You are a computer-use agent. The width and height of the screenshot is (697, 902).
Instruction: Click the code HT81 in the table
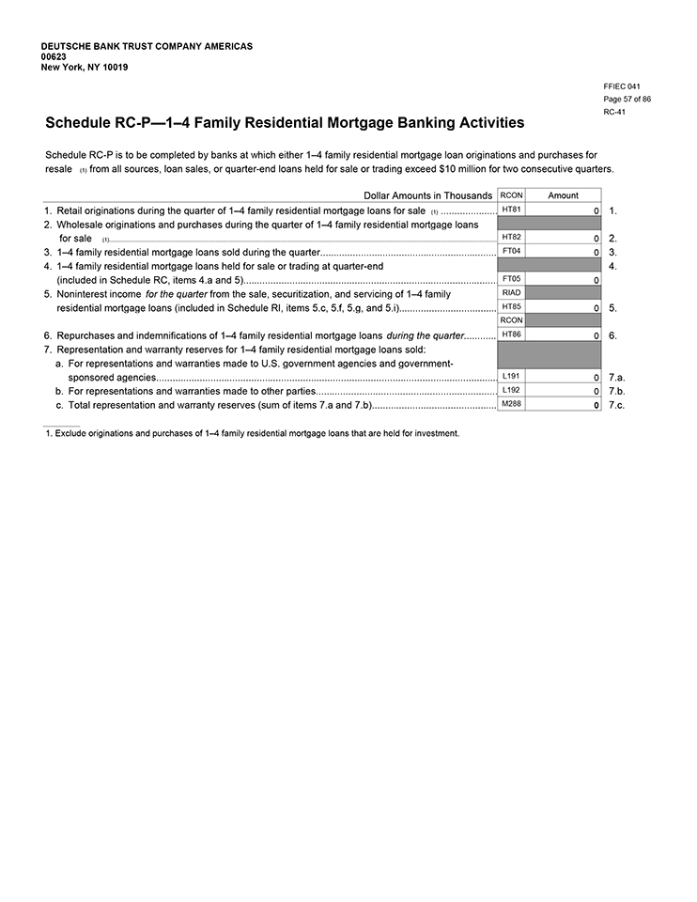click(x=511, y=210)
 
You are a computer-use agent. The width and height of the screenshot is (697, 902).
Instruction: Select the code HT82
click(x=511, y=238)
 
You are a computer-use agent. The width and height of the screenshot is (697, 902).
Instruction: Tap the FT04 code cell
click(x=511, y=252)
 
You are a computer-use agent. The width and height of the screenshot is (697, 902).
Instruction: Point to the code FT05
click(x=511, y=279)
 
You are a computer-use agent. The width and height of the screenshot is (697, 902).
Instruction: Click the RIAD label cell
click(x=511, y=293)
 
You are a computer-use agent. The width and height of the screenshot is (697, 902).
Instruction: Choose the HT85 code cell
click(x=511, y=307)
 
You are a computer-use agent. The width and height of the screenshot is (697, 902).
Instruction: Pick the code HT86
click(x=511, y=334)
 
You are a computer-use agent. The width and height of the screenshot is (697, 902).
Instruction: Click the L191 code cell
click(x=511, y=376)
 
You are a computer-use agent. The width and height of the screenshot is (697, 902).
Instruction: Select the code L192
click(x=511, y=390)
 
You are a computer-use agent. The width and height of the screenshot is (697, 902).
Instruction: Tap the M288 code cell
click(x=511, y=404)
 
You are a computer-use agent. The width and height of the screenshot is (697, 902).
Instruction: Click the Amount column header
click(x=564, y=195)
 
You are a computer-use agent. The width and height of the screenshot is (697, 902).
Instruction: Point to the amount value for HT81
click(x=596, y=210)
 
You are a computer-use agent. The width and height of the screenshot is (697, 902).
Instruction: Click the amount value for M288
click(x=596, y=405)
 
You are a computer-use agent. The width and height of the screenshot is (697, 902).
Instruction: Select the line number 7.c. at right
click(x=616, y=405)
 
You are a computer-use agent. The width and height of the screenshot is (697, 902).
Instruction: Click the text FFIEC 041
click(x=622, y=86)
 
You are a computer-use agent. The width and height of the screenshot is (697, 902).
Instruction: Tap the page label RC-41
click(x=614, y=112)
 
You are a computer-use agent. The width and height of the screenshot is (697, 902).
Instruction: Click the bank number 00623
click(x=54, y=56)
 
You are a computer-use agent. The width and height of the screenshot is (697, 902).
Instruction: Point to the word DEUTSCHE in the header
click(x=67, y=46)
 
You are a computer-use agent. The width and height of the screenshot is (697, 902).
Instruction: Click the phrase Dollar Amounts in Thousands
click(x=427, y=195)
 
